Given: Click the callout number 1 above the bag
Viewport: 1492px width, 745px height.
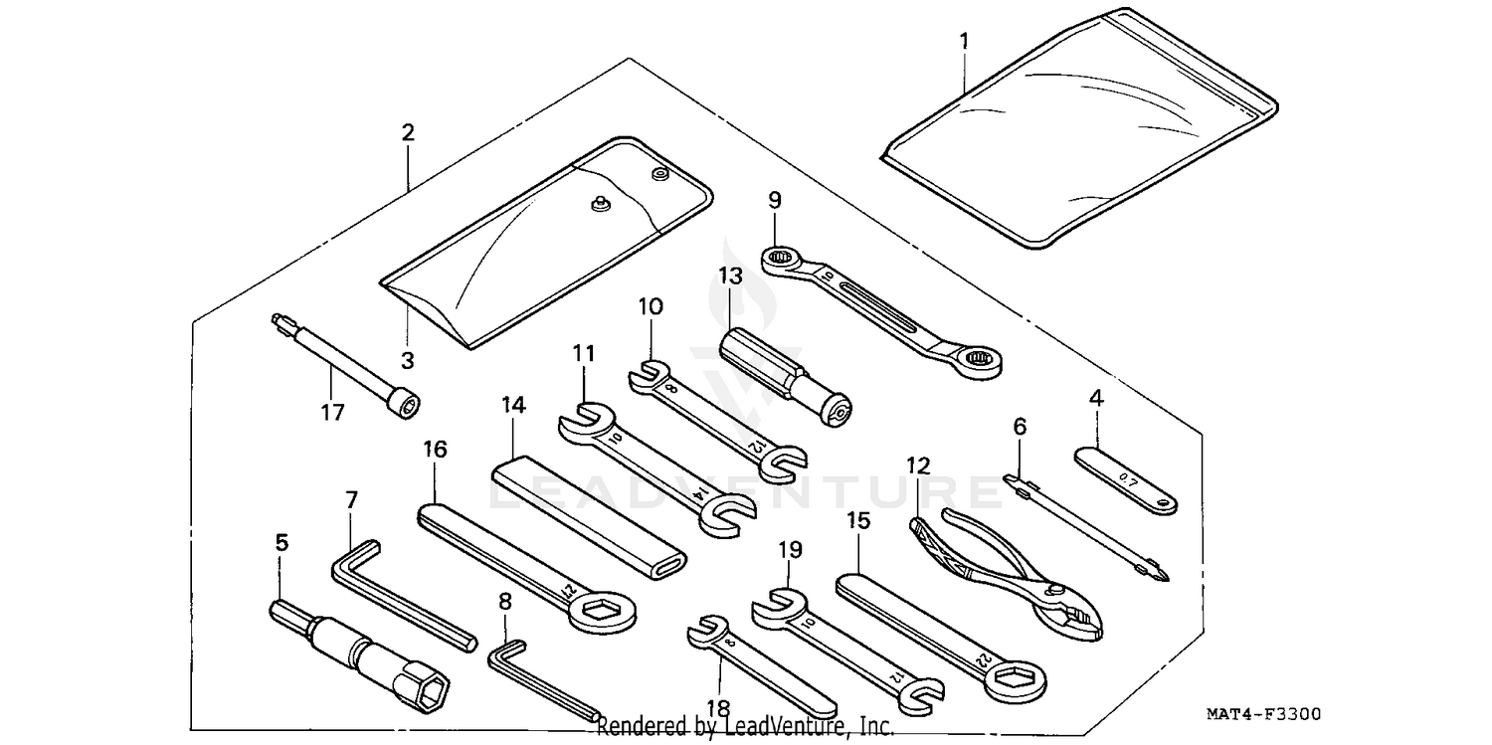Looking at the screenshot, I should coord(963,43).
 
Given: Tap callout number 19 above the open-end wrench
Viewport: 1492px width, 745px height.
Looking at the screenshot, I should coord(788,549).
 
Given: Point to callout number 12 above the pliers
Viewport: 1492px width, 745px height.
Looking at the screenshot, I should coord(917,465).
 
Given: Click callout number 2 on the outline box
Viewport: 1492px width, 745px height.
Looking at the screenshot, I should coord(408,132).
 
